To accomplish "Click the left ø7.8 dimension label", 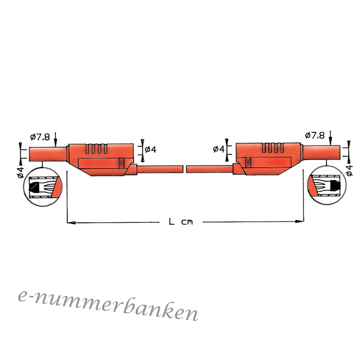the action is click(x=40, y=137).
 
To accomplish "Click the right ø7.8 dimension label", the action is click(x=315, y=135).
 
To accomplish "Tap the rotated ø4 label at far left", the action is click(x=21, y=172).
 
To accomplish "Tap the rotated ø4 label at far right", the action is click(x=349, y=170).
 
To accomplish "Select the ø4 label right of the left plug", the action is click(x=151, y=150).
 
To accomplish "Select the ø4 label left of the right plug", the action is click(x=219, y=149).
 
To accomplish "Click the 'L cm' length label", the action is click(x=181, y=222).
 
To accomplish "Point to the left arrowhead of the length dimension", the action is click(x=71, y=223).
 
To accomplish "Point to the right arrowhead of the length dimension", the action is click(x=299, y=222).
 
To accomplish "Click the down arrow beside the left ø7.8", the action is click(x=56, y=139).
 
